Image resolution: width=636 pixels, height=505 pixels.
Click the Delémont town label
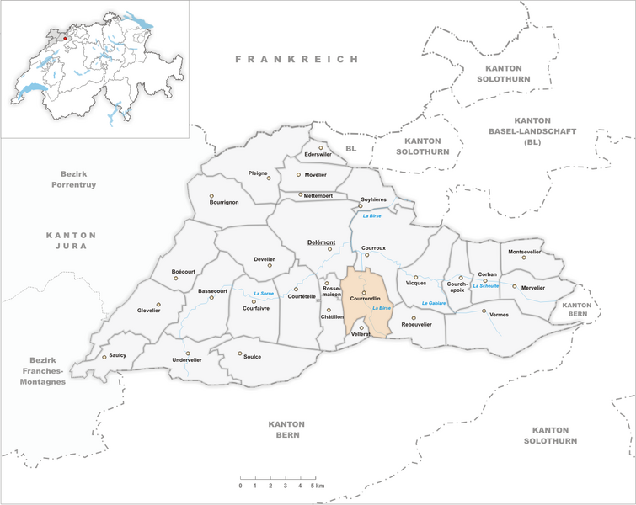point(321,242)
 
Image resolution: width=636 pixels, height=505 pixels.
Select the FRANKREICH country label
point(297,60)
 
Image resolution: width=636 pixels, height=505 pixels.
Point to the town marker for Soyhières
point(361,205)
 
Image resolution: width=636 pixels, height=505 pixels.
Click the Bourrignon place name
point(224,202)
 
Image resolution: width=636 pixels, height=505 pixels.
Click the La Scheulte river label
point(486,286)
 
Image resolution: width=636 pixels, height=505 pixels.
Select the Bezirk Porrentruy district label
point(72,178)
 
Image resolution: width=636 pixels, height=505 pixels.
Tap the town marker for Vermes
point(484,311)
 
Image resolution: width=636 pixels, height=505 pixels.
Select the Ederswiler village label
point(318,155)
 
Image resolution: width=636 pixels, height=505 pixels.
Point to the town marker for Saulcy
point(104,357)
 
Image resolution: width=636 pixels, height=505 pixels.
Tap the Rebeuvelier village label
point(416,324)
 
